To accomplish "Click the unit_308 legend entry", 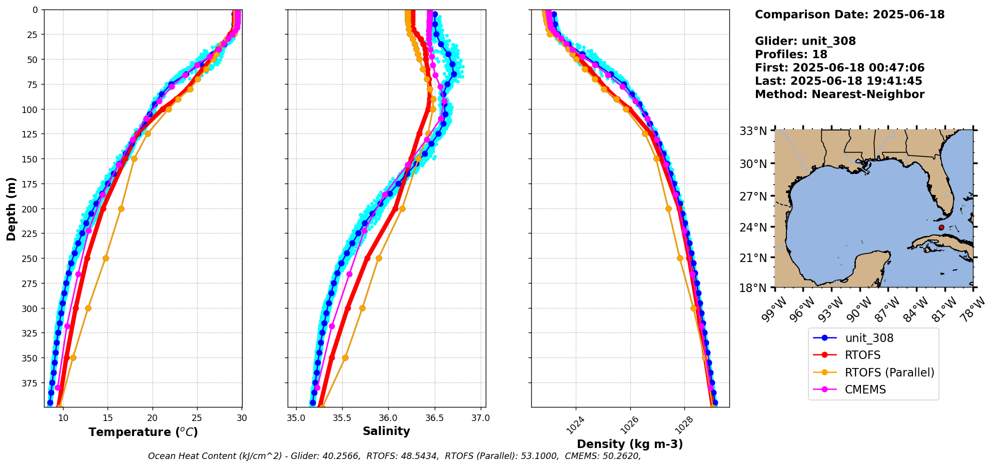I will point(869,338).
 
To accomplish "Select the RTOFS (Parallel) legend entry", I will point(889,372).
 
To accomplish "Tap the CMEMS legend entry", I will point(865,389).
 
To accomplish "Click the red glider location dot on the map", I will point(941,227).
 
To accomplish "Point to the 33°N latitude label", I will point(753,131).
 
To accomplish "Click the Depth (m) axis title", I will point(12,208).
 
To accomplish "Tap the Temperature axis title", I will point(143,432).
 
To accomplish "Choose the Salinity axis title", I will point(386,431).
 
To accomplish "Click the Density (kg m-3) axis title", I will point(630,444).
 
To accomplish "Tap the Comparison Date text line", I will point(849,14).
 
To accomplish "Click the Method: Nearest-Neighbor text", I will point(839,94).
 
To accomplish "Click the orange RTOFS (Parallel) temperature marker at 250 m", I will point(106,258).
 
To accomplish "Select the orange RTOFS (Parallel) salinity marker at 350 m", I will point(345,357).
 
